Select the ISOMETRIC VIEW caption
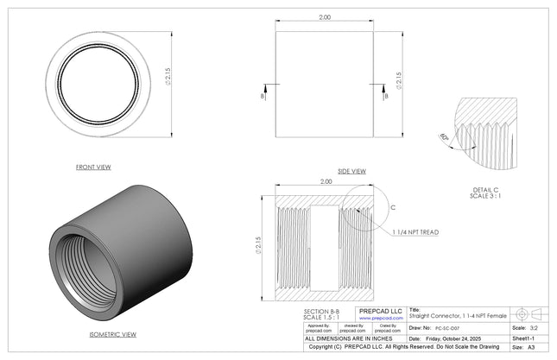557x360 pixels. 112,333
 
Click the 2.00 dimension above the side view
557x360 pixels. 325,17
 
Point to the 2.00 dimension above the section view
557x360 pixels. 326,182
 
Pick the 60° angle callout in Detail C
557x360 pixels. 445,136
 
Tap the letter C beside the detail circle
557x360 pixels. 393,208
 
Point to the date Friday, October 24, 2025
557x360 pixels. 458,338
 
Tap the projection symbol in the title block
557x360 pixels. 529,313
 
